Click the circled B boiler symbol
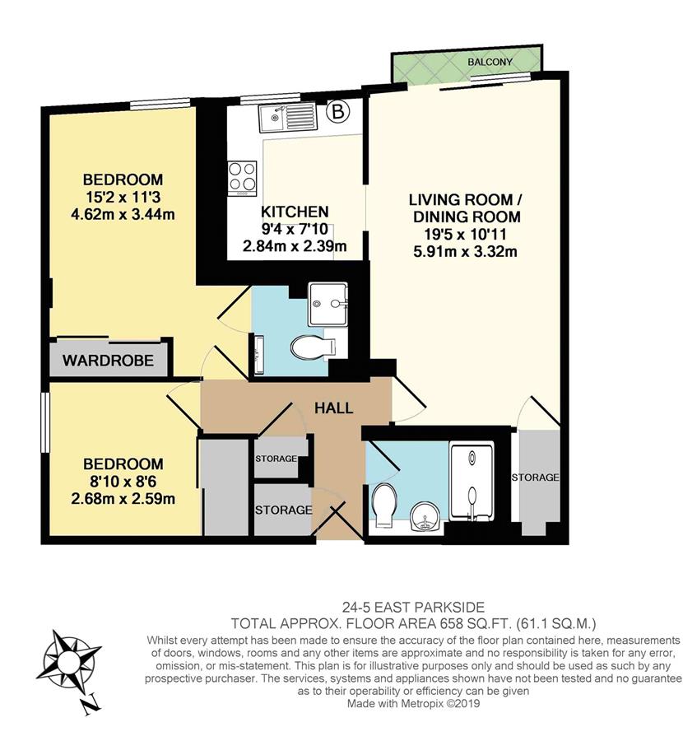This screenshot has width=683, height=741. coord(338,112)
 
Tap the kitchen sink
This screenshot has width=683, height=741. coord(287,118)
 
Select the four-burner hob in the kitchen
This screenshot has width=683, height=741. coord(242,178)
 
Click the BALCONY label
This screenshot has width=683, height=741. coord(490,62)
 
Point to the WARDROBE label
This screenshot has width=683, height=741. coord(108,361)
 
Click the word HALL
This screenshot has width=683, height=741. coord(333,408)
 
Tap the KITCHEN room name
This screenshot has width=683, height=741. coord(295,212)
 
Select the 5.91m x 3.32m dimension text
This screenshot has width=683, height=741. coord(465,251)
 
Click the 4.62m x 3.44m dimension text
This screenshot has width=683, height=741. coord(123,215)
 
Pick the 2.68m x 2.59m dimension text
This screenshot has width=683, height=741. coord(123,499)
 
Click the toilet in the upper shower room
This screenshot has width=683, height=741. coord(313,347)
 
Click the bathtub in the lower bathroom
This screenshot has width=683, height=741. coord(472,480)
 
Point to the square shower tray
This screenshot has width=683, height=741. coord(328,304)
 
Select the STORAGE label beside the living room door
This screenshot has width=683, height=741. coord(535,478)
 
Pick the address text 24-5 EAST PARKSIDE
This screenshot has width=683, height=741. coord(413,608)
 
